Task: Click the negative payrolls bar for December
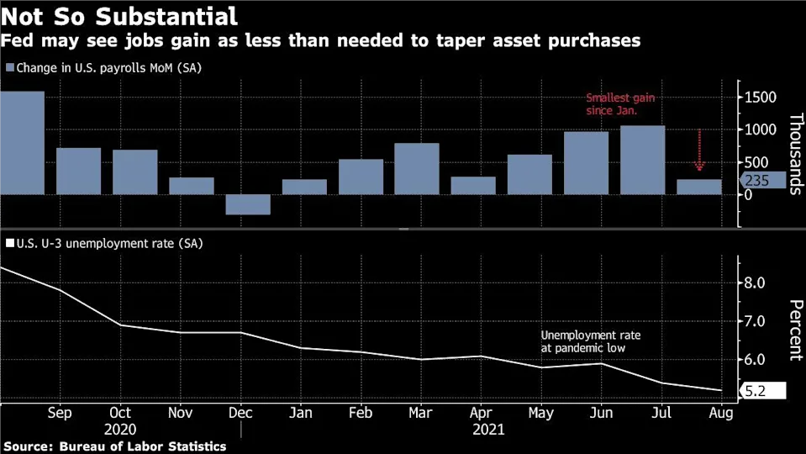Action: click(x=248, y=204)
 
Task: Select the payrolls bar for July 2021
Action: click(x=643, y=160)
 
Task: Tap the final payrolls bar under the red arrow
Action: click(x=699, y=187)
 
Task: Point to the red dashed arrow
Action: click(x=699, y=150)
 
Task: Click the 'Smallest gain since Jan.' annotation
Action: click(x=619, y=104)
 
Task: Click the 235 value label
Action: click(x=761, y=180)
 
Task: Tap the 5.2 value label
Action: click(x=761, y=390)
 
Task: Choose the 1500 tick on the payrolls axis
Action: click(x=760, y=98)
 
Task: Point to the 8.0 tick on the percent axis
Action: click(x=754, y=283)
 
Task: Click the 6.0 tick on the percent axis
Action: click(x=754, y=359)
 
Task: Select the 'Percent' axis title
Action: click(x=795, y=330)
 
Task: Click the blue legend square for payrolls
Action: click(x=9, y=67)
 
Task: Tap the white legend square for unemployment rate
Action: click(x=9, y=244)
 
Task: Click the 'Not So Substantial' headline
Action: click(x=119, y=15)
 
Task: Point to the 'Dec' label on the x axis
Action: click(x=241, y=414)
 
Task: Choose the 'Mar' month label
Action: click(x=421, y=414)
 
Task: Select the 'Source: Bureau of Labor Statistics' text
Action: click(x=114, y=446)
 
